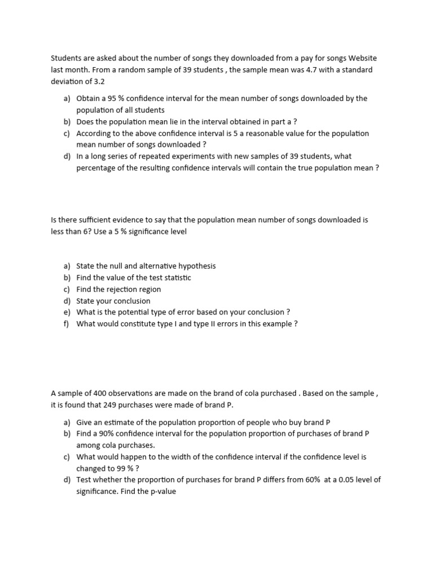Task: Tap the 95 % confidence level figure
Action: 120,98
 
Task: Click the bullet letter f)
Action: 67,323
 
